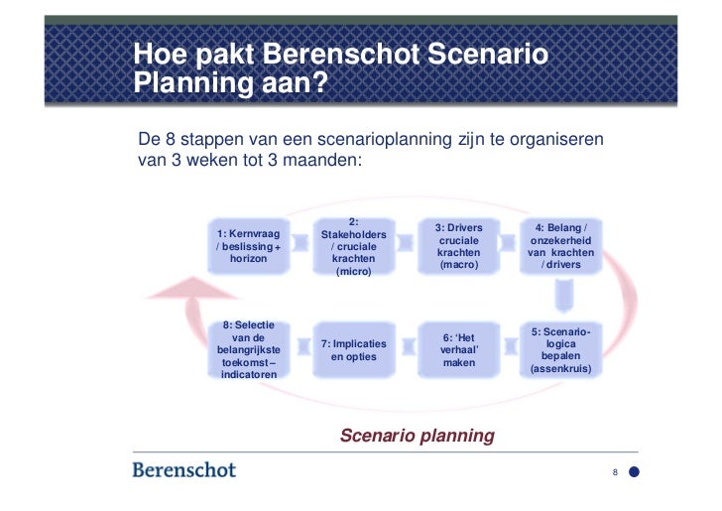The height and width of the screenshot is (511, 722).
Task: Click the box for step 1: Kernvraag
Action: pos(249,245)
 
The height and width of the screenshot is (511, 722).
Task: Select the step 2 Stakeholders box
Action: pos(354,247)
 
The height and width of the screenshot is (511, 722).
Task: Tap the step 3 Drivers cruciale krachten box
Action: pos(458,246)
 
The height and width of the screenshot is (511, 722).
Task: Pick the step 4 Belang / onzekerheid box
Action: pos(562,246)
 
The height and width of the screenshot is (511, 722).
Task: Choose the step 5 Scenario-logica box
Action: pos(561,350)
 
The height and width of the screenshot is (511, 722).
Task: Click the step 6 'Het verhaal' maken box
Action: pos(458,350)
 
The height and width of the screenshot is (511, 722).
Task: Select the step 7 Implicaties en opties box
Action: pos(354,350)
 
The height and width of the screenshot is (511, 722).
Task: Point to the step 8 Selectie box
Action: pos(249,350)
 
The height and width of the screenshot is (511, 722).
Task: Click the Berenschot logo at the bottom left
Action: pos(184,469)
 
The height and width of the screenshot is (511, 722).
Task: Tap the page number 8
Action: pos(615,472)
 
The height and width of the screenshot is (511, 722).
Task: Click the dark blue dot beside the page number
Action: pos(636,472)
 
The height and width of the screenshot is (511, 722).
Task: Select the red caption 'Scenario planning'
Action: pos(417,435)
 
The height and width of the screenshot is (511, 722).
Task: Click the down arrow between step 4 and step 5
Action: pos(562,297)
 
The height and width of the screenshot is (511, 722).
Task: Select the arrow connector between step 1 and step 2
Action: pos(301,246)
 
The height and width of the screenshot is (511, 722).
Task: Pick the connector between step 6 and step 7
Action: pos(407,350)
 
